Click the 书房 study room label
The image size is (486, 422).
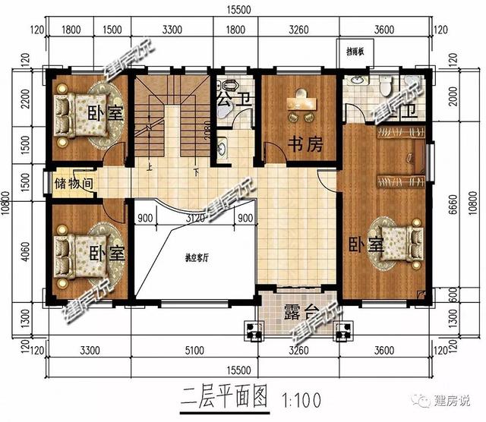298,142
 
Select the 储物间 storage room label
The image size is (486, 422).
74,184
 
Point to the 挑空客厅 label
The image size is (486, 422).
197,257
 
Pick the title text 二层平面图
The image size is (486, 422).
226,395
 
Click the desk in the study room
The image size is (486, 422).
298,105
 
